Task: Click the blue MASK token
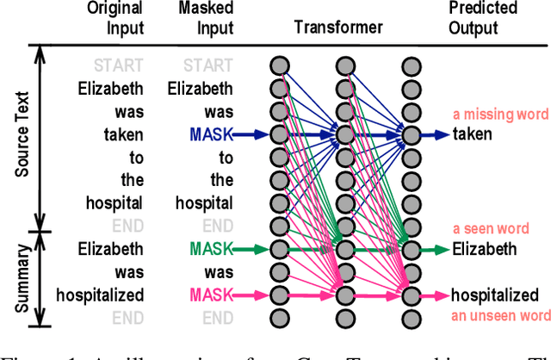(210, 134)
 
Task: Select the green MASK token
(210, 250)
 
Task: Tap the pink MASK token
(210, 295)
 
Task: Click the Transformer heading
(338, 28)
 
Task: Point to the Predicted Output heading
(483, 18)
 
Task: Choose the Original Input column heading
(115, 18)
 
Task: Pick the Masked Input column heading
(206, 18)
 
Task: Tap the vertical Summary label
(23, 274)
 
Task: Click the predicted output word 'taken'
(472, 134)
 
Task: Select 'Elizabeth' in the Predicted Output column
(485, 250)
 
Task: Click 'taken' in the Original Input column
(124, 134)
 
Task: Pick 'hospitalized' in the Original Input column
(100, 295)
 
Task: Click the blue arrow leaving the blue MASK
(252, 134)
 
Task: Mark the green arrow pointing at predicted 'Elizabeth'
(435, 250)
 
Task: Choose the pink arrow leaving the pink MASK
(252, 295)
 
